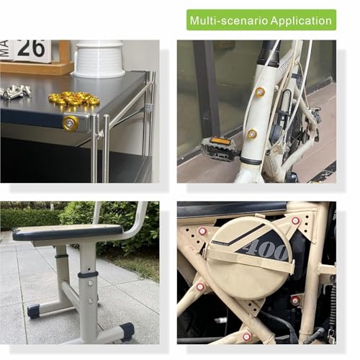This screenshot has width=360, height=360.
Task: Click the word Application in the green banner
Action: [301, 21]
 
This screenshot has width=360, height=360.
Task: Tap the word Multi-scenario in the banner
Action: [229, 20]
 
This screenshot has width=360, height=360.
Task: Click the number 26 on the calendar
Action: [31, 48]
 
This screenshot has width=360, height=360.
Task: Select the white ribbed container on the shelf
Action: [99, 59]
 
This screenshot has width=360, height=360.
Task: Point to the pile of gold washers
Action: [73, 98]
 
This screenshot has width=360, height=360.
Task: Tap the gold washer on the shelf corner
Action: [71, 123]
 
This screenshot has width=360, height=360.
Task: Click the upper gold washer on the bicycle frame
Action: [259, 92]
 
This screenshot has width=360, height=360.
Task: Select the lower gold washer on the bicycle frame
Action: [252, 134]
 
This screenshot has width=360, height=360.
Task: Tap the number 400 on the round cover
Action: [267, 250]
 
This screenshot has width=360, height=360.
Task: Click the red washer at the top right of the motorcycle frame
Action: [295, 220]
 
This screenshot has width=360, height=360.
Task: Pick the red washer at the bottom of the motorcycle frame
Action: [246, 336]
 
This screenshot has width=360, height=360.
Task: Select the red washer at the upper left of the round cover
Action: [202, 231]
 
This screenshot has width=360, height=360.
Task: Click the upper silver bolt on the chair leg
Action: [91, 284]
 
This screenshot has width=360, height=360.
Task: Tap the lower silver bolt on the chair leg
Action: [90, 300]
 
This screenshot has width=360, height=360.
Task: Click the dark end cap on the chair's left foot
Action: [34, 311]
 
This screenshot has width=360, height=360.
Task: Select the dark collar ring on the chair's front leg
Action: [88, 275]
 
